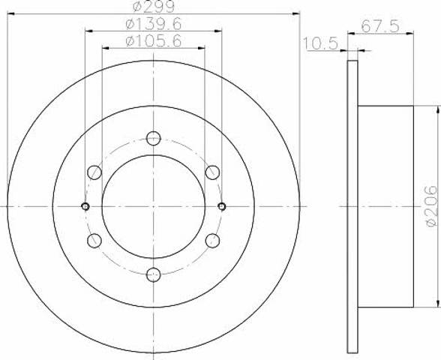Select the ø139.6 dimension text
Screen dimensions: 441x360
click(x=154, y=25)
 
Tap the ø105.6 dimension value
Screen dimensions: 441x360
click(x=154, y=42)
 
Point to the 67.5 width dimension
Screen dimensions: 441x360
click(x=380, y=26)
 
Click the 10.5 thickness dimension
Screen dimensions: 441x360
click(x=320, y=43)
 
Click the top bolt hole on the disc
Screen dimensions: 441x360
click(x=154, y=138)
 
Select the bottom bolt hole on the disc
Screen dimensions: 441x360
click(x=154, y=274)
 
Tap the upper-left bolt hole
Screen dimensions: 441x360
click(x=94, y=172)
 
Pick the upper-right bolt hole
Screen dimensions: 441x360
click(x=213, y=172)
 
